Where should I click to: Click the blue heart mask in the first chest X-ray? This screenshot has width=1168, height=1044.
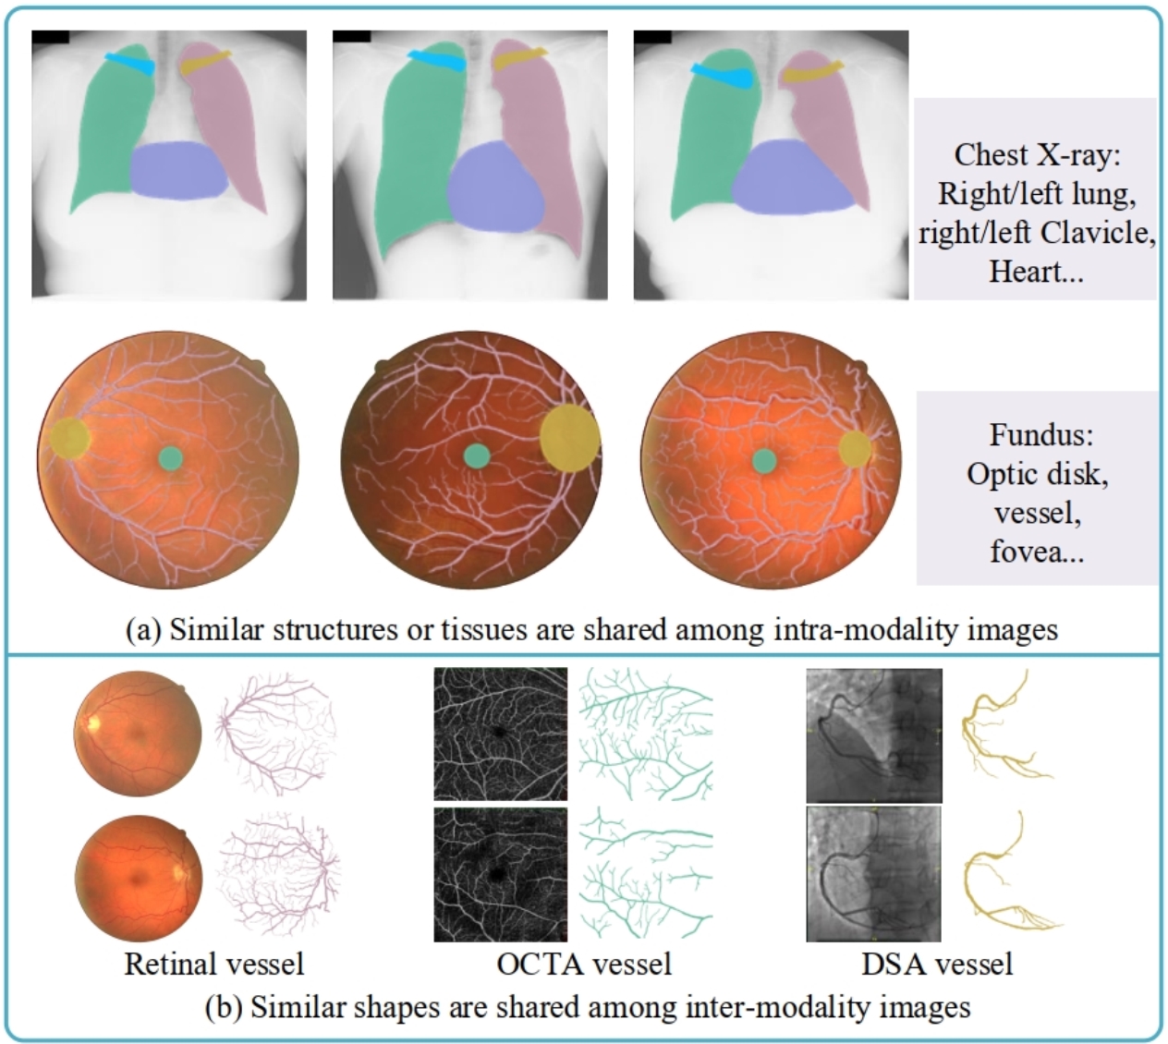click(x=178, y=171)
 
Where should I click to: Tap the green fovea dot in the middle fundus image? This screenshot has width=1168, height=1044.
click(x=476, y=455)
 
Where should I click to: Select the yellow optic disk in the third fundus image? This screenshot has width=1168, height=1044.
click(x=856, y=449)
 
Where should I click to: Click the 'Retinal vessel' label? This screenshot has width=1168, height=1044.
click(x=213, y=964)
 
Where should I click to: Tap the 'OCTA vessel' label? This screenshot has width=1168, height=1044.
click(x=583, y=964)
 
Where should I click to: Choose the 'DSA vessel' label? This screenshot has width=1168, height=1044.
click(x=937, y=964)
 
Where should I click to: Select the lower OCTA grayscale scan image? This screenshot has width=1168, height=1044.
click(x=501, y=874)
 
